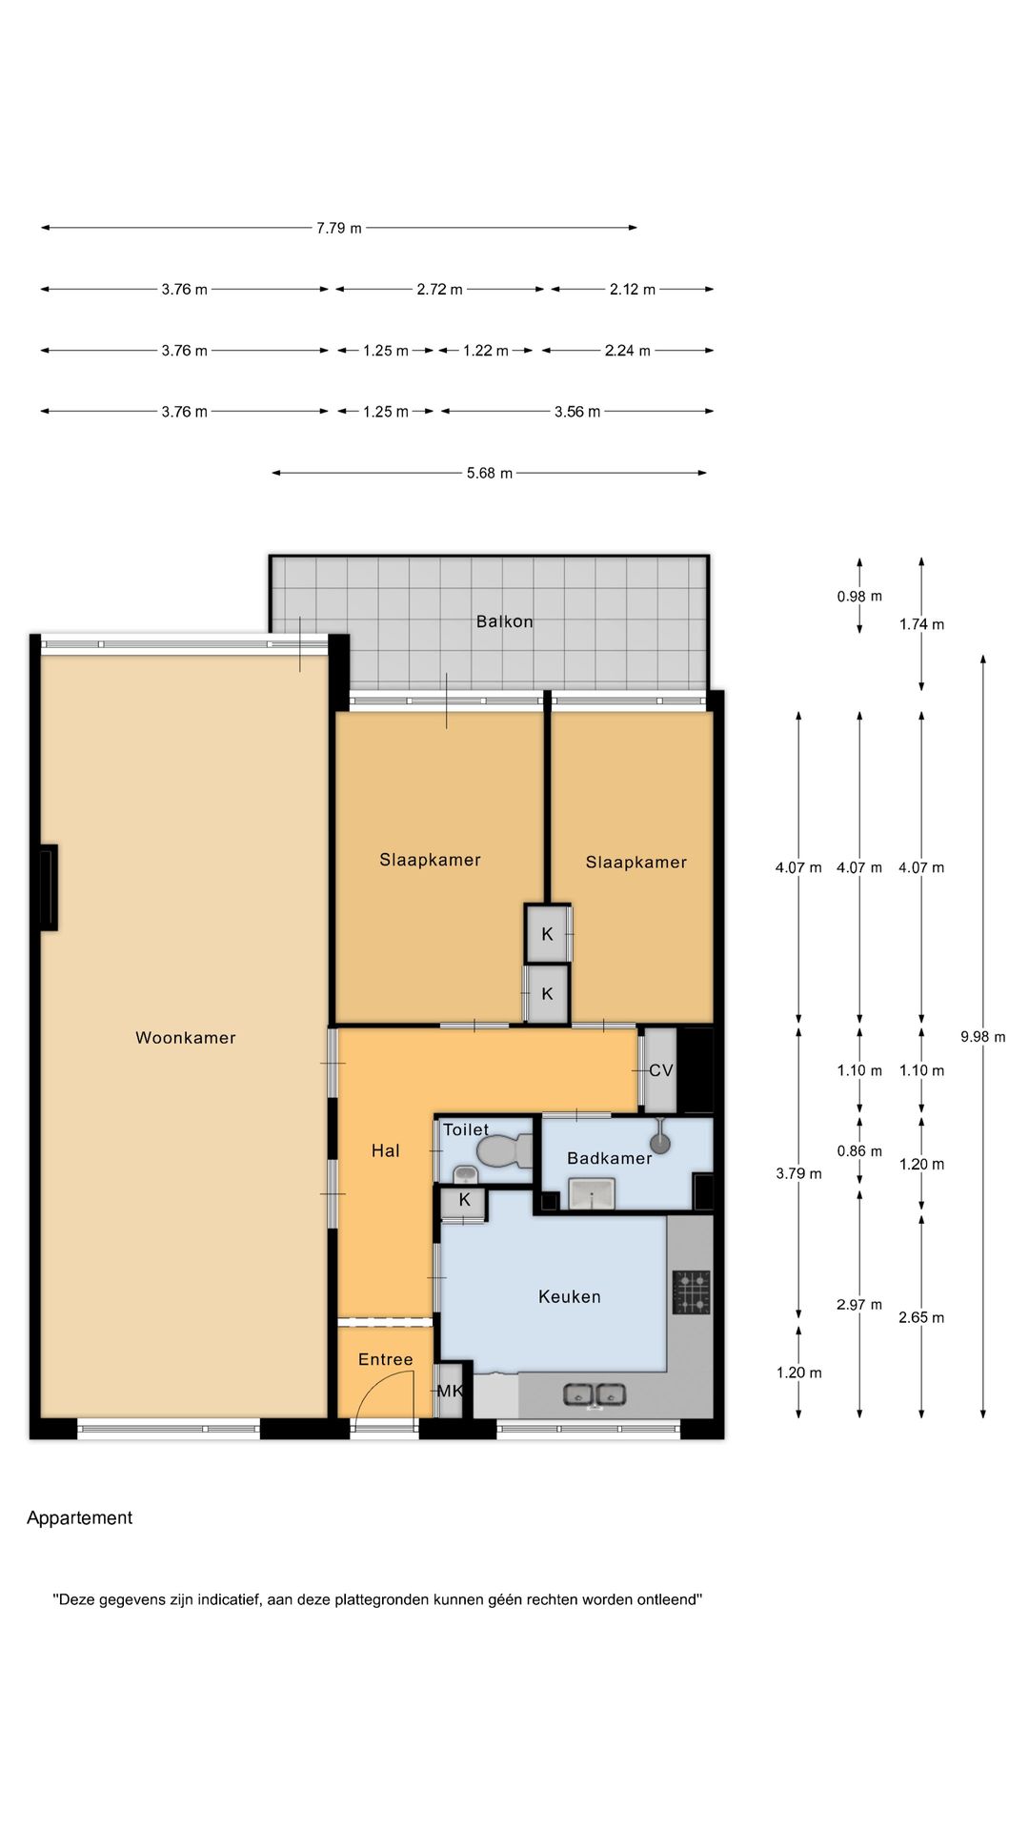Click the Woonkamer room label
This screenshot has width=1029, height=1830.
[186, 1038]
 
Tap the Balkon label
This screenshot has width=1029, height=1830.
[505, 621]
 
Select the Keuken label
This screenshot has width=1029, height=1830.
[570, 1296]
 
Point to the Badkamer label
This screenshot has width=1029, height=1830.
[610, 1158]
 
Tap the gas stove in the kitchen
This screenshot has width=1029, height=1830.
[692, 1291]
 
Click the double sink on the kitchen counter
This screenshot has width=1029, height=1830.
[595, 1395]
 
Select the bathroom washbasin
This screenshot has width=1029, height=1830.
[592, 1193]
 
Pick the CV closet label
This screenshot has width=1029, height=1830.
[661, 1070]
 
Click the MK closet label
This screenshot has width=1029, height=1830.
[450, 1391]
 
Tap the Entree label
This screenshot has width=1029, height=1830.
[386, 1359]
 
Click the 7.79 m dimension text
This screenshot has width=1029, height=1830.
[339, 228]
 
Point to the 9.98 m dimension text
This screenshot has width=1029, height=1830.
[983, 1037]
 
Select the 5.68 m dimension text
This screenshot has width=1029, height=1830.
[490, 473]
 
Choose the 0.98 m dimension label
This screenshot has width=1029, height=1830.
[859, 597]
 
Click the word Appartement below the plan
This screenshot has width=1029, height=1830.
[80, 1518]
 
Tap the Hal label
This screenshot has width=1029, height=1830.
[386, 1150]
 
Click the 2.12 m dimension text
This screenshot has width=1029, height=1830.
[633, 289]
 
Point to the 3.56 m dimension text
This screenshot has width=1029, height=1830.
[577, 412]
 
